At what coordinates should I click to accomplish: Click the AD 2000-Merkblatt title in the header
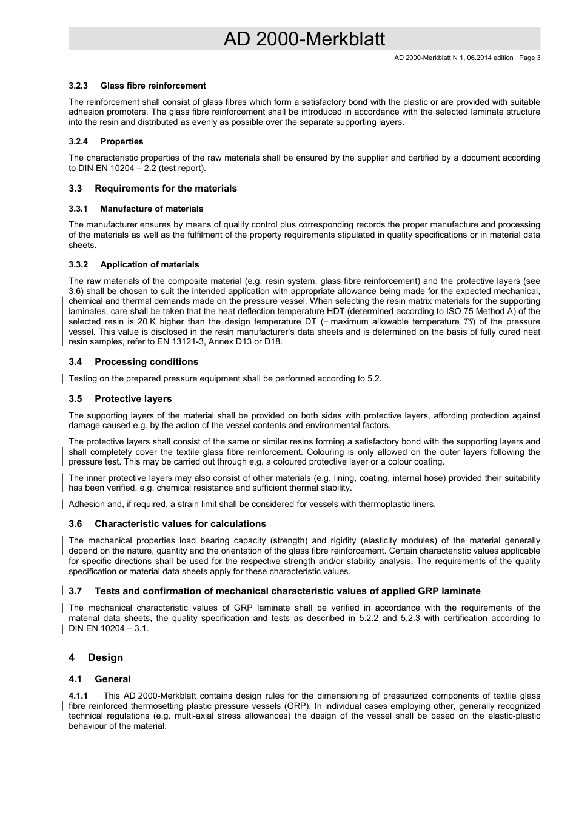tap(304, 39)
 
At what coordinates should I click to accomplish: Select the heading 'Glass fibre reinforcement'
tap(153, 86)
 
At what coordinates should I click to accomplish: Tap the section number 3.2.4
tap(78, 141)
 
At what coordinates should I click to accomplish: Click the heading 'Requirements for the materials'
tap(166, 189)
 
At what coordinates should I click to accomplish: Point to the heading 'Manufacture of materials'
tap(152, 209)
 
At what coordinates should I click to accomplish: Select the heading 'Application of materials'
tap(149, 264)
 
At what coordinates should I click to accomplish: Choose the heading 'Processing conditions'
tap(146, 362)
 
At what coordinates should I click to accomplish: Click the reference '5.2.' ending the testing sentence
tap(374, 378)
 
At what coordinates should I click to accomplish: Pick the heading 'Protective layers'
tap(133, 399)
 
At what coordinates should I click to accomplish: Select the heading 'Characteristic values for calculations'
tap(180, 524)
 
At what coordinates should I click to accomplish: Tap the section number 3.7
tap(75, 591)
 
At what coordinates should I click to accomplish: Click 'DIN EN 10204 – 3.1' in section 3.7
tap(107, 628)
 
